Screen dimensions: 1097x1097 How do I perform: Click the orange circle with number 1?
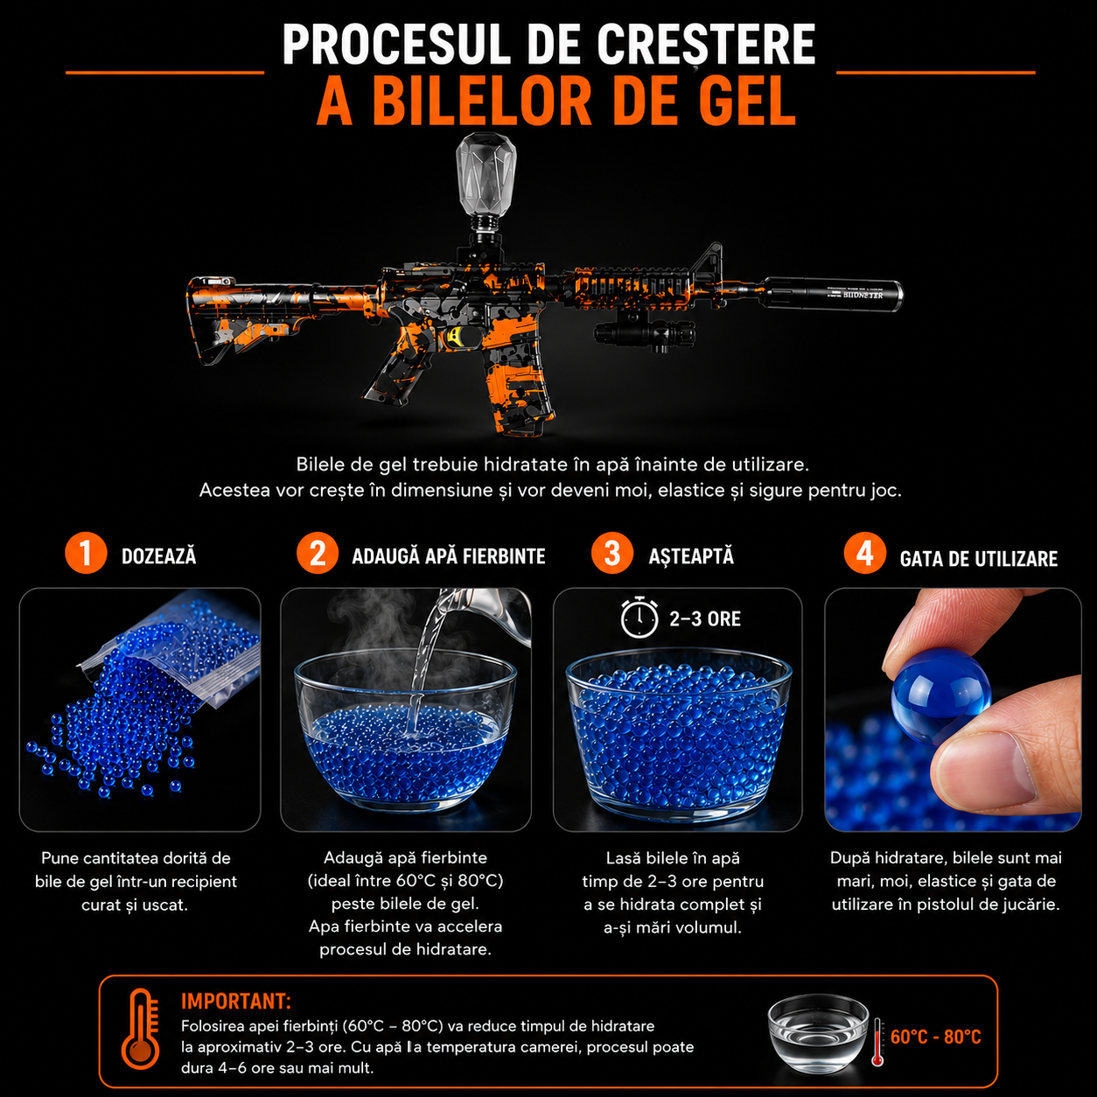pos(86,553)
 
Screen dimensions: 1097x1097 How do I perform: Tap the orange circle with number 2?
pos(318,553)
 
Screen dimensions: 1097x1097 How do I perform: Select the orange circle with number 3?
pos(612,553)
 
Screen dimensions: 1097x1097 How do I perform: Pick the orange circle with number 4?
pos(864,553)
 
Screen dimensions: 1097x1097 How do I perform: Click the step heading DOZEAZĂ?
pos(159,555)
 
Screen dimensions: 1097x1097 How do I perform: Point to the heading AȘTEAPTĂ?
pos(691,555)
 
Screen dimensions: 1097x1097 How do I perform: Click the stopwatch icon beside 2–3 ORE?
pos(639,617)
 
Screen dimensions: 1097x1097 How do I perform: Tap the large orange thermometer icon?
pos(140,1036)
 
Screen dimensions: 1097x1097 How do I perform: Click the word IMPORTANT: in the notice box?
pos(236,1001)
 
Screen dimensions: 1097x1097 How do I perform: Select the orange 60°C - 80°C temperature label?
pos(936,1037)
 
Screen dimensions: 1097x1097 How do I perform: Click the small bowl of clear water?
pos(817,1033)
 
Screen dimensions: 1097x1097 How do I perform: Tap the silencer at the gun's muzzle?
pos(832,294)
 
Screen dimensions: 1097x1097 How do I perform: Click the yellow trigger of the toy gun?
pos(455,337)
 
